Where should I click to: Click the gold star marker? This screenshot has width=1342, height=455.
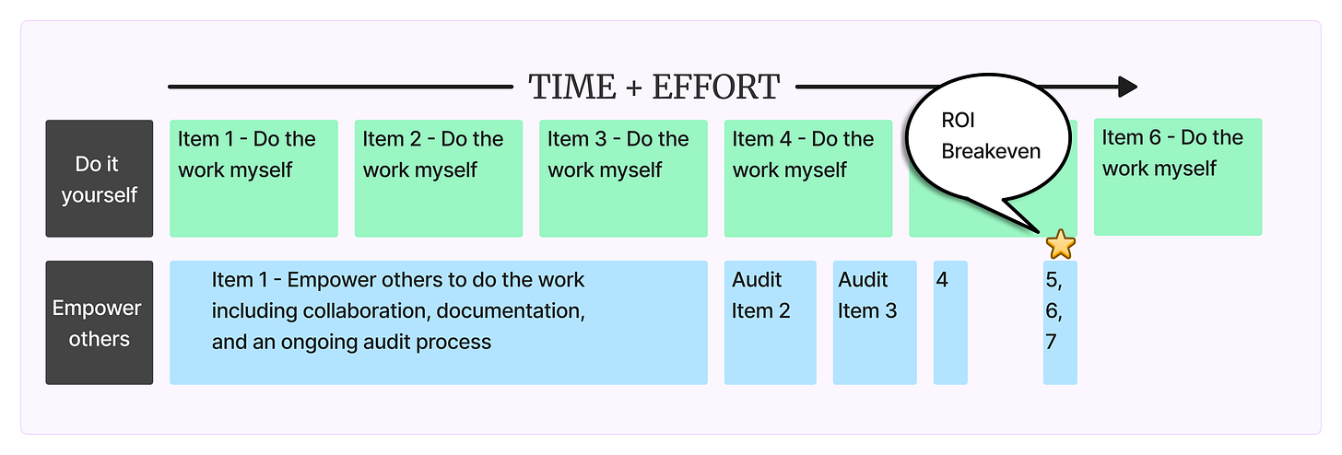click(x=1061, y=245)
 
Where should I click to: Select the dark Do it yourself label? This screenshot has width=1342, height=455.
click(x=100, y=179)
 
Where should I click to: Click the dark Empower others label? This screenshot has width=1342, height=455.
click(x=100, y=322)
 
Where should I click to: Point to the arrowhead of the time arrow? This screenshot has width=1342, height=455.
click(x=1127, y=87)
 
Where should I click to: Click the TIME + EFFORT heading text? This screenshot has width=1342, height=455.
click(x=653, y=87)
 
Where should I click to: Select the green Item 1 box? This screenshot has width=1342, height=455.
click(x=253, y=179)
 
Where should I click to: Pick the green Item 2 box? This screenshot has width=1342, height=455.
click(x=438, y=179)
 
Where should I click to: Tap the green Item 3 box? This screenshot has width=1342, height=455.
click(x=623, y=179)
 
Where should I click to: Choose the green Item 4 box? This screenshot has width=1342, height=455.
click(x=807, y=179)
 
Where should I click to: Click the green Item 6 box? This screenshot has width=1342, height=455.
click(x=1177, y=177)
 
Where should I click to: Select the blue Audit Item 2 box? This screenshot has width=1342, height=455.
click(x=770, y=322)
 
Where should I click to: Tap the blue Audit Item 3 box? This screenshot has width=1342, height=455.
click(x=875, y=322)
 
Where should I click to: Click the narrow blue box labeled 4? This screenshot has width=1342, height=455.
click(x=950, y=322)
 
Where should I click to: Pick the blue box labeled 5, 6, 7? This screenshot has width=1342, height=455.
click(x=1060, y=322)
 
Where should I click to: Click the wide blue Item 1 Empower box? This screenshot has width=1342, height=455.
click(x=438, y=322)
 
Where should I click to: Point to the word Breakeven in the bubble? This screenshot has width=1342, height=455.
click(x=991, y=150)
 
